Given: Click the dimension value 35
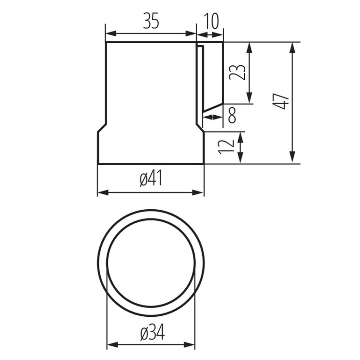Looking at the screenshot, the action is coord(151,21).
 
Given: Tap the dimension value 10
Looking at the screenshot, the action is coord(211,21).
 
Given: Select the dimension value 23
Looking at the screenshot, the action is coord(238,72).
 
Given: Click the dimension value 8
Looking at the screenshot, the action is coord(232,116).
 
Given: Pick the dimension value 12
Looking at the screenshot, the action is coord(226,147).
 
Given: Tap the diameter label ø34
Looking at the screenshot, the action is coord(153,334).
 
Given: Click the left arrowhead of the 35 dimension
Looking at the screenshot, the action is coord(111,34).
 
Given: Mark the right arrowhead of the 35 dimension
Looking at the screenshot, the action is coord(191,34).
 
